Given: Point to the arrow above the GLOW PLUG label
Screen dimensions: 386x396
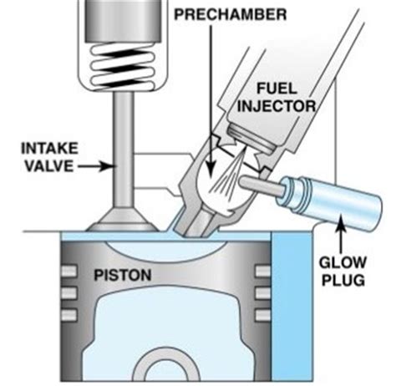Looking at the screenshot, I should pyautogui.click(x=343, y=230).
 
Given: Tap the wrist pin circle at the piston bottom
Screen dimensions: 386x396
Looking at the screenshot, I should pyautogui.click(x=167, y=373).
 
